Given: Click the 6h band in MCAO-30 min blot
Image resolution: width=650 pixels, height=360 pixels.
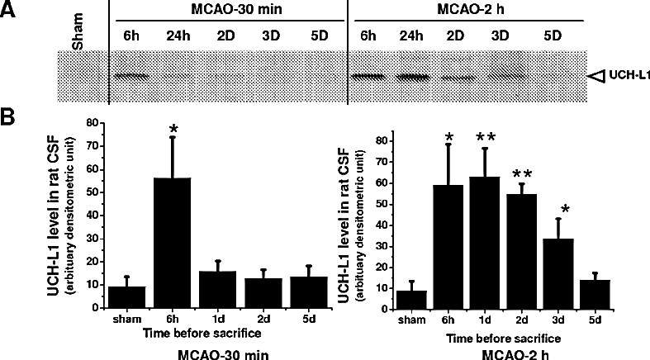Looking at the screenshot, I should point(130,77).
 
